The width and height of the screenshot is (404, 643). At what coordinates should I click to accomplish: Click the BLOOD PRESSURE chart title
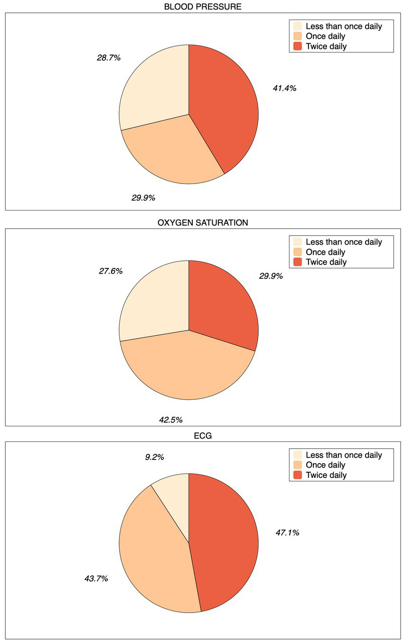[x=202, y=7]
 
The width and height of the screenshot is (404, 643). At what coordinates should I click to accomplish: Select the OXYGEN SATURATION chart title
[x=202, y=222]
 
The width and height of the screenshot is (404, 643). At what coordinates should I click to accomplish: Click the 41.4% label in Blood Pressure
[x=284, y=88]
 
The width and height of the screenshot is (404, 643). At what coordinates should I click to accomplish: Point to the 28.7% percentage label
[x=109, y=58]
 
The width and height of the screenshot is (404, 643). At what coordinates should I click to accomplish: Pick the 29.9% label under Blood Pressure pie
[x=143, y=198]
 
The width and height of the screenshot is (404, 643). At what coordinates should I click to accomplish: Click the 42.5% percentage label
[x=170, y=420]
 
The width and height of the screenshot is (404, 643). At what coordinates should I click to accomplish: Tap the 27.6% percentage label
[x=111, y=271]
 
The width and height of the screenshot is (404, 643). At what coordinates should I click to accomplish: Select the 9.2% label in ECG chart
[x=154, y=457]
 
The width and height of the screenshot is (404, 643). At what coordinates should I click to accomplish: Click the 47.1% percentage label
[x=287, y=533]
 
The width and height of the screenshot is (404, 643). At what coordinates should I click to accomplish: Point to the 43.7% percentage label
[x=96, y=579]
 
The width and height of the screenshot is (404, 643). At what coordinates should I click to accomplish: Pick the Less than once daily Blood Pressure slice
[x=152, y=90]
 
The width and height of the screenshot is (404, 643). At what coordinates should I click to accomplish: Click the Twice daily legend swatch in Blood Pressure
[x=298, y=46]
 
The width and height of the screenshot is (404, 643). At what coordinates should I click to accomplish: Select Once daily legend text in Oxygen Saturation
[x=325, y=252]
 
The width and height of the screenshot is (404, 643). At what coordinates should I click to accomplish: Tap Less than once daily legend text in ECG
[x=344, y=455]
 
